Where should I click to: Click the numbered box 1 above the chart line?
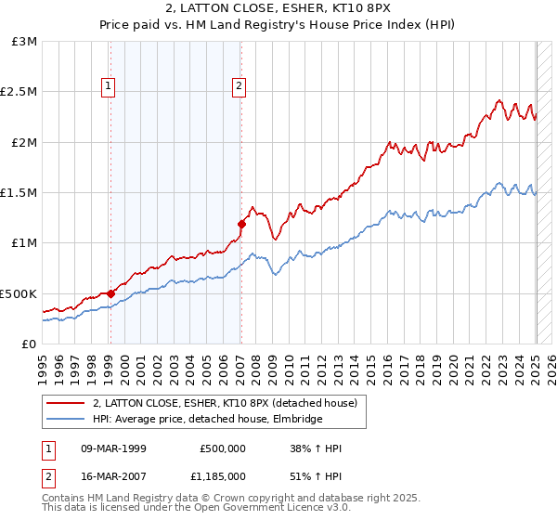point(109,87)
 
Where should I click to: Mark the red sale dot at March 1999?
point(110,293)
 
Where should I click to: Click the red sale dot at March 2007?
point(241,224)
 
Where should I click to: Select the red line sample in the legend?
point(66,403)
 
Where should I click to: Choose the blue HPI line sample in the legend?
point(66,420)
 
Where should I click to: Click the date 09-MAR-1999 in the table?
point(114,448)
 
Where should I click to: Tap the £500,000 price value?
point(222,448)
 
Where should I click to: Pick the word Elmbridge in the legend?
point(298,420)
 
